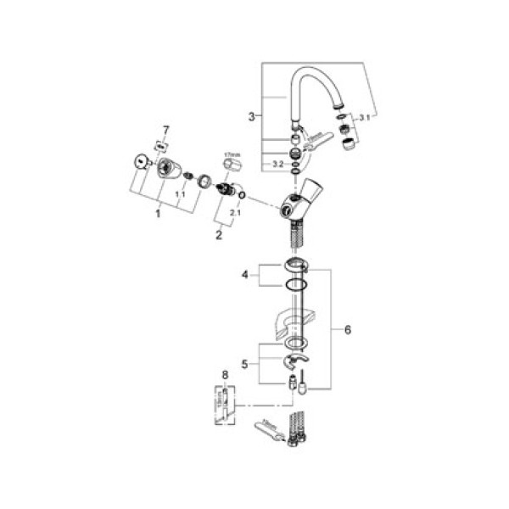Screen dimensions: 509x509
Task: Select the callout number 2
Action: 218,235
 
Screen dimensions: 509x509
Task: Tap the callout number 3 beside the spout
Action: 251,116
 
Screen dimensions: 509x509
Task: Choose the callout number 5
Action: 246,364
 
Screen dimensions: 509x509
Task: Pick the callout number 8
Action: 224,373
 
